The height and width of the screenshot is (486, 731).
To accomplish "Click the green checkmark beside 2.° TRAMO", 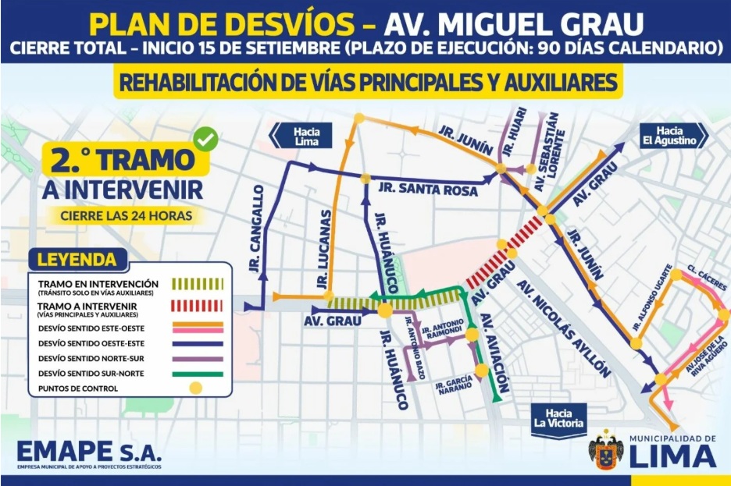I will coord(206,140).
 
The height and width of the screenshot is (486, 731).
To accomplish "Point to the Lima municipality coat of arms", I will coord(606,452).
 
